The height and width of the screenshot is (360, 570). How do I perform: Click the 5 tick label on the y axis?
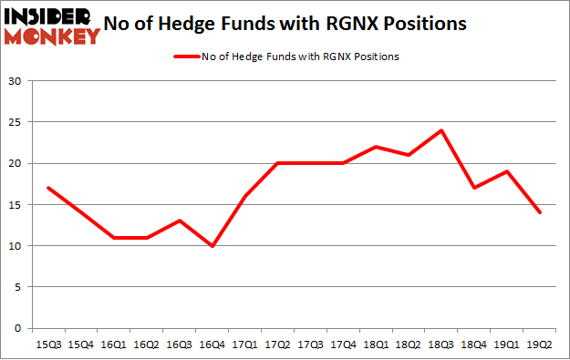point(17,287)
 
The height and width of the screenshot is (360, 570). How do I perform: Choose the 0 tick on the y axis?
point(17,328)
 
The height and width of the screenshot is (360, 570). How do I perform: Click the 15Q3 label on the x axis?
point(48,345)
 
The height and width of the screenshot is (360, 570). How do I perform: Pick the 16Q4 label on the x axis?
point(213,345)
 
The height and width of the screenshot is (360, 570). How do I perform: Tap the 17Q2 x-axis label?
point(278,345)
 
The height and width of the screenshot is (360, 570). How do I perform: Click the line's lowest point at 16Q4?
point(213,246)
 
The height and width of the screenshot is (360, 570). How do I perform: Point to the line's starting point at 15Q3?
point(48,188)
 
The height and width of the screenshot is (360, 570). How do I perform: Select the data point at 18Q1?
point(377,147)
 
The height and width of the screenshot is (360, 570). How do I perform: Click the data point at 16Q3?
point(180,221)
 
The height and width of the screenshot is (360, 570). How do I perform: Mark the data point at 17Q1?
point(245,196)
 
